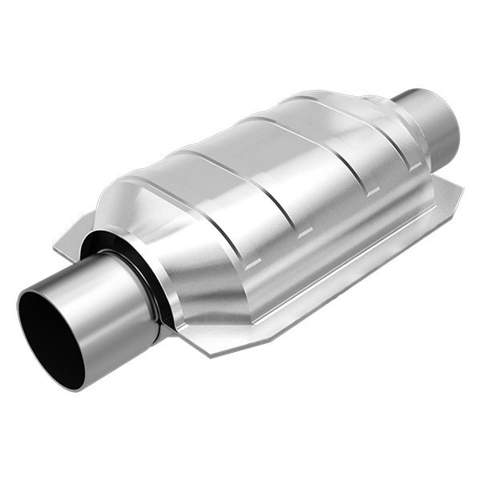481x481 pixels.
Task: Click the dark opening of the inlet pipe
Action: click(48, 337)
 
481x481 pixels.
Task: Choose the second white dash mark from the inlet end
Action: click(305, 232)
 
